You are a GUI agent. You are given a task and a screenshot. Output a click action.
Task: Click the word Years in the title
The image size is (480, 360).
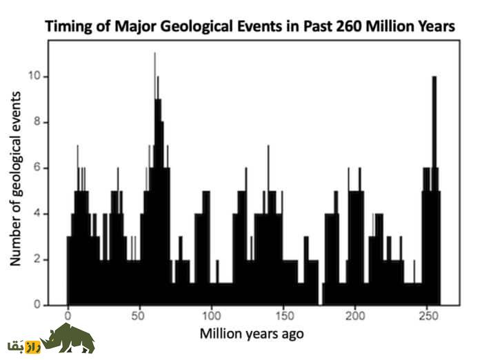pyautogui.click(x=434, y=27)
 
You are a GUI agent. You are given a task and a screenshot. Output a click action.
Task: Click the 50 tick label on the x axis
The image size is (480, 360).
pyautogui.click(x=140, y=317)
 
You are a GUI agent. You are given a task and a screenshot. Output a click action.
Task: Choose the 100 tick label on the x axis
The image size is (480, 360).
pyautogui.click(x=212, y=317)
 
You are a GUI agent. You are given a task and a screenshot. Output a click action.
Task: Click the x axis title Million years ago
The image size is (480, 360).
pyautogui.click(x=252, y=334)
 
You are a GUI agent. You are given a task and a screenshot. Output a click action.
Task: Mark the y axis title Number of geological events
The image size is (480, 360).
pyautogui.click(x=17, y=178)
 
